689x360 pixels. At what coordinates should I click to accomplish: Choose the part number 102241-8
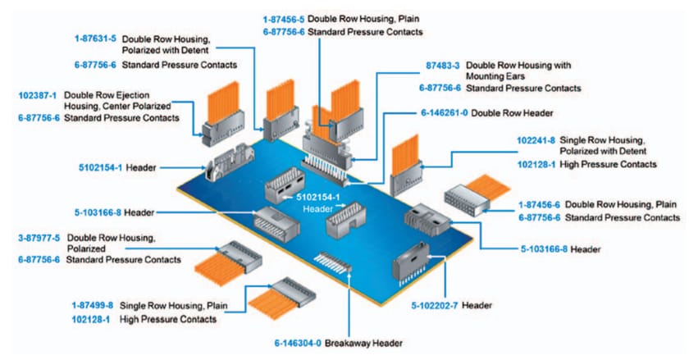point(536,140)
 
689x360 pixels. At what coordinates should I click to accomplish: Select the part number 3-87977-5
point(38,238)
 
